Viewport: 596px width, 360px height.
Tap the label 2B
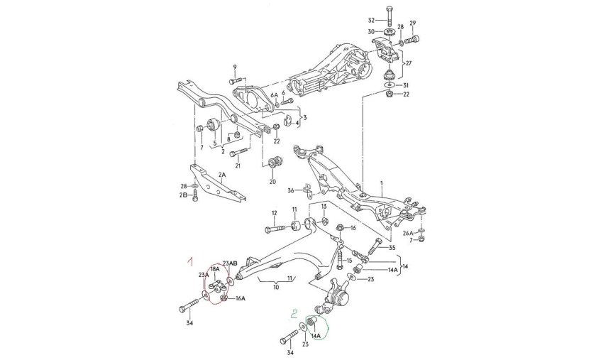(184, 195)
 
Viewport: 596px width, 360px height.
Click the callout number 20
(272, 182)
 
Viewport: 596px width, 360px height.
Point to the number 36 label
(290, 190)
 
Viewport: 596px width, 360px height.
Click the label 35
(391, 247)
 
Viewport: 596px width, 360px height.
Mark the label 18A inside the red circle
(215, 269)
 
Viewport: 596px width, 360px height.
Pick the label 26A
(407, 231)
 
